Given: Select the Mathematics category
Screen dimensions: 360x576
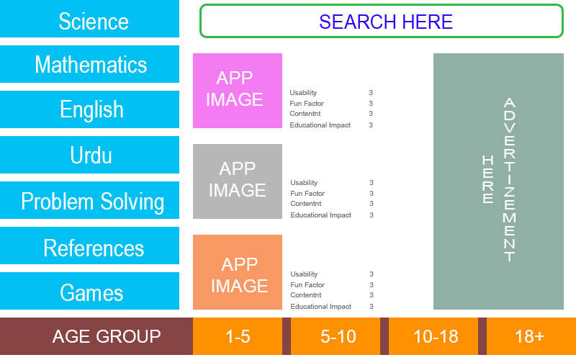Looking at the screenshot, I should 90,65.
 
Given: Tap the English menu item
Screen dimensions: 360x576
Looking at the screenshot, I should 90,109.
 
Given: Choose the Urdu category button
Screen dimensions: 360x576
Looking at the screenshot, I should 90,155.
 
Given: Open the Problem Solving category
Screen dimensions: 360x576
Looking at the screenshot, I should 90,201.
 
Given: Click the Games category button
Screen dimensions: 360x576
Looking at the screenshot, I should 90,292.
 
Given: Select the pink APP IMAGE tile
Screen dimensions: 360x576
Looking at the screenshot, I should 238,90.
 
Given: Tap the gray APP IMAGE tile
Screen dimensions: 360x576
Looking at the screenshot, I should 238,181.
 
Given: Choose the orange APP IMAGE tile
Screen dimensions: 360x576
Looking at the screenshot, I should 238,272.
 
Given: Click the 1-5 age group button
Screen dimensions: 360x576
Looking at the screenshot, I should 238,336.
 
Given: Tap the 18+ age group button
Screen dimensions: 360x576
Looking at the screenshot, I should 530,336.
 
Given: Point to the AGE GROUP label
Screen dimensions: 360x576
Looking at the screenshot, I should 107,336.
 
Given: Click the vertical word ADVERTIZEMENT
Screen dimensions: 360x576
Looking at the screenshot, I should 509,180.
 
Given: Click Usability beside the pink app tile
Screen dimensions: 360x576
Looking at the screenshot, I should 303,93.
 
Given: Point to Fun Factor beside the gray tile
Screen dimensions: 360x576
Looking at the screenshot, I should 307,194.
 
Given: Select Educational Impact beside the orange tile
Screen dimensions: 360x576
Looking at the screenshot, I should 320,307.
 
